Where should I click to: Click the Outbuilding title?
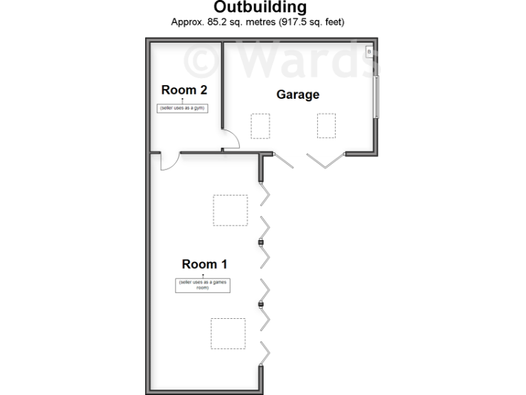coord(260,8)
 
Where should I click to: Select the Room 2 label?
coord(184,89)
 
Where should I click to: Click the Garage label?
coord(298,95)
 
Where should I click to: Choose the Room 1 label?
coord(204,264)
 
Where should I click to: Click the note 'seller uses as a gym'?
coord(183,108)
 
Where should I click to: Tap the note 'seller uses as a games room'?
coord(202,285)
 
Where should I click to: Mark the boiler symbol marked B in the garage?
coord(368,51)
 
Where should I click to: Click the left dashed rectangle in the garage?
coord(260,126)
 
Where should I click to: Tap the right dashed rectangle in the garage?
coord(326,126)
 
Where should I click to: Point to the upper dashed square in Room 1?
coord(230,210)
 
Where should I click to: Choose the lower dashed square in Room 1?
coord(228,334)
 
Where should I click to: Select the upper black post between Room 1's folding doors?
coord(261,243)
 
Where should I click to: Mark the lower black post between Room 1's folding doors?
coord(261,304)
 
